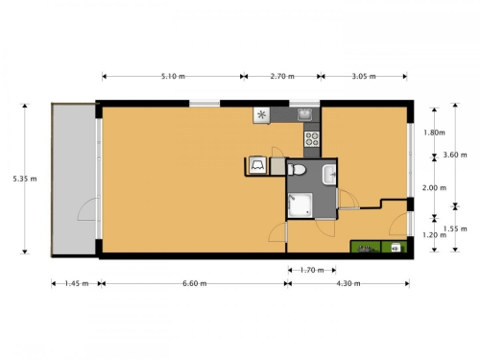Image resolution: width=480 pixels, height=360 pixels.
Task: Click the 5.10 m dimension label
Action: click(x=173, y=77)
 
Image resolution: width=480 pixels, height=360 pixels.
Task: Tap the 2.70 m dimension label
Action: click(x=282, y=77)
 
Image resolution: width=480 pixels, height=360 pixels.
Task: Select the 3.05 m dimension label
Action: click(x=364, y=77)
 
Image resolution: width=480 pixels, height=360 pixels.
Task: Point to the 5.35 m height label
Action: click(x=25, y=179)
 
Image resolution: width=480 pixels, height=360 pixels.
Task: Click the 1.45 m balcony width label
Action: click(x=77, y=283)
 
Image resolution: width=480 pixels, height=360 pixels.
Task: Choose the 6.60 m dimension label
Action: click(x=195, y=283)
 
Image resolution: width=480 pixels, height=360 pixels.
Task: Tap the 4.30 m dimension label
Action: click(x=348, y=283)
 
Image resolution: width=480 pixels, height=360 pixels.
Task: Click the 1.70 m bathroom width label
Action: click(x=312, y=271)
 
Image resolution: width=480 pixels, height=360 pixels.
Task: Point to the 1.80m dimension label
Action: click(x=434, y=132)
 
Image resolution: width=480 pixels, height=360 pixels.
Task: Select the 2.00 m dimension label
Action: click(x=434, y=188)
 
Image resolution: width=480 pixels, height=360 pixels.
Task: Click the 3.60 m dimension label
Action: click(x=455, y=155)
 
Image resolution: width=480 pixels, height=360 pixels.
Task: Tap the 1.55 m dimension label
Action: click(x=455, y=228)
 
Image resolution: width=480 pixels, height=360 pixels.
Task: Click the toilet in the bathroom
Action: click(x=297, y=169)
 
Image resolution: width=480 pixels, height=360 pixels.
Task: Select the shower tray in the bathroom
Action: click(x=300, y=205)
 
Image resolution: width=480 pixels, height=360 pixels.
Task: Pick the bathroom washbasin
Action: click(x=329, y=175)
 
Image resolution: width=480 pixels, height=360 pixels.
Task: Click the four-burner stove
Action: click(x=312, y=139)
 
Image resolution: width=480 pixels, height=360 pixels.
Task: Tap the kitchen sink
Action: click(x=304, y=114)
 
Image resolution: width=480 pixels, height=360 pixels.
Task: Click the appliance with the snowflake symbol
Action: click(x=262, y=115)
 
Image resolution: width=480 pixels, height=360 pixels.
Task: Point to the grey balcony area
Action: click(x=74, y=180)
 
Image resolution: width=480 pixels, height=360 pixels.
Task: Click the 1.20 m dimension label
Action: click(x=434, y=235)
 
